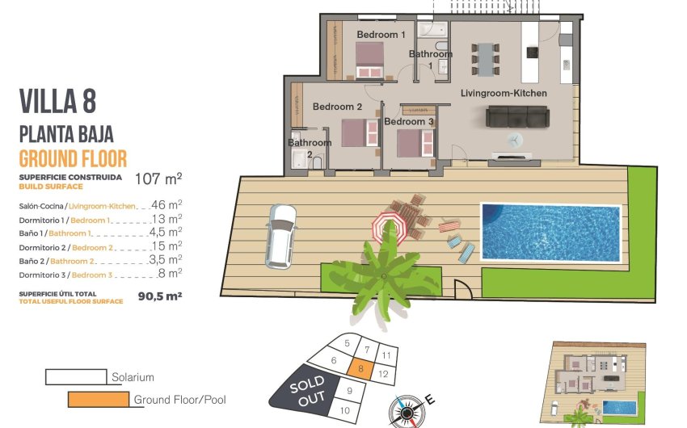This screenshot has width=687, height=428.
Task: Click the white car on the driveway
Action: (x=280, y=235)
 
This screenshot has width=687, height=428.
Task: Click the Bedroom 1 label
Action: (x=381, y=35)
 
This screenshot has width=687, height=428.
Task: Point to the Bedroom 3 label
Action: (x=409, y=122)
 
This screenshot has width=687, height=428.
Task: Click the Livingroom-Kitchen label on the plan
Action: (x=504, y=94)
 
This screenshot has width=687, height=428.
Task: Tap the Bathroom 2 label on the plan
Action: (x=310, y=149)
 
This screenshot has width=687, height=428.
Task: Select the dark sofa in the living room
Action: (x=516, y=117)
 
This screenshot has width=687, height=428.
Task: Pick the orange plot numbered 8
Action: (x=362, y=370)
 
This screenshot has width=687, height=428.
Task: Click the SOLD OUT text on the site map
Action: (x=307, y=389)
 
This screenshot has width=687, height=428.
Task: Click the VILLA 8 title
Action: (x=57, y=103)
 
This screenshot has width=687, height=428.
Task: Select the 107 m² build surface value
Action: (x=158, y=178)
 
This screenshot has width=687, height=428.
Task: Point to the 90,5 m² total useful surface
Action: (x=160, y=296)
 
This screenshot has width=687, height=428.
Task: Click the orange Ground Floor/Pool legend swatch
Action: (x=98, y=399)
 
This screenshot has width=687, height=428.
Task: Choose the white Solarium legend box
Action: (x=75, y=377)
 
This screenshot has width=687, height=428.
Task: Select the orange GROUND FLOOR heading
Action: (x=73, y=158)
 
